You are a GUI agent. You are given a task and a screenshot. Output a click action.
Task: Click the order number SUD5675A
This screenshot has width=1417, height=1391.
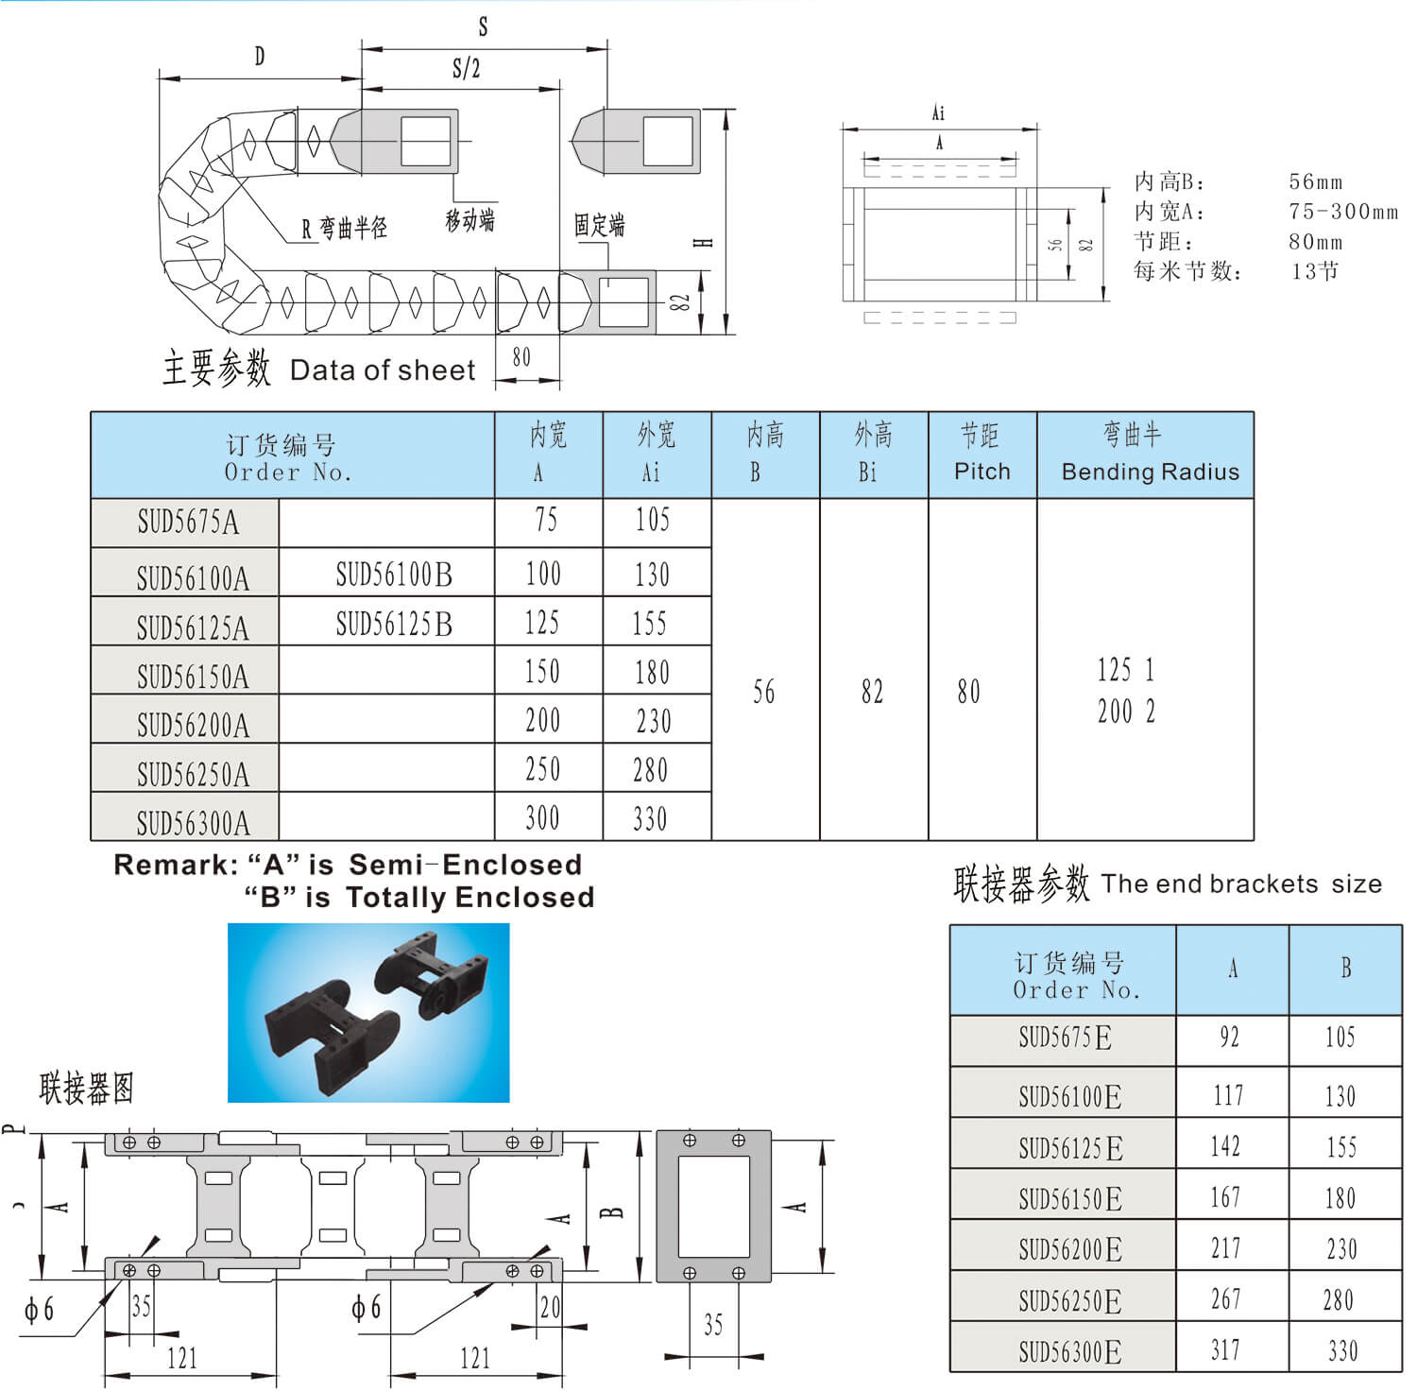click(x=188, y=522)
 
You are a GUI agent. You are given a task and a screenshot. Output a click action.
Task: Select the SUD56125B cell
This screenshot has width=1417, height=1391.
click(x=394, y=624)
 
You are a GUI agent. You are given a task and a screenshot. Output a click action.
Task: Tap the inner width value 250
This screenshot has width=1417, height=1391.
click(x=543, y=769)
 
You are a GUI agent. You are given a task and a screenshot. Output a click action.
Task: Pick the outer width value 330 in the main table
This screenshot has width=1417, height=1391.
click(x=650, y=818)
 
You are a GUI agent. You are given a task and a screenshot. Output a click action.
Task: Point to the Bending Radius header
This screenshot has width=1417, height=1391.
click(x=1150, y=471)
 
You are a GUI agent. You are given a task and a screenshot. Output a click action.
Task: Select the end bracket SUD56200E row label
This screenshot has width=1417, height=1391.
click(x=1069, y=1249)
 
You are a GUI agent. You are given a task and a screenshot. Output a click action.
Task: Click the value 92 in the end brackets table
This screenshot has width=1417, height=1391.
click(x=1229, y=1038)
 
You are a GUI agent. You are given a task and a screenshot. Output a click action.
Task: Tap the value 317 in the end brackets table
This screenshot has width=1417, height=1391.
click(x=1225, y=1350)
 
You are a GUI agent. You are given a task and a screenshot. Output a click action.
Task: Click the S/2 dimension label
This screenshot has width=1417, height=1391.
click(x=467, y=69)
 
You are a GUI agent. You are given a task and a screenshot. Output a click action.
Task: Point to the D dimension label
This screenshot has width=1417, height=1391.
click(x=260, y=57)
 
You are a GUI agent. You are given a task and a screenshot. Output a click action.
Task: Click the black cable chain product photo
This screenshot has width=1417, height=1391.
click(x=368, y=1012)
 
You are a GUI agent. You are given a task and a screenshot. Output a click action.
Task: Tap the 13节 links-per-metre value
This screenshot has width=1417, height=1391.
click(x=1315, y=271)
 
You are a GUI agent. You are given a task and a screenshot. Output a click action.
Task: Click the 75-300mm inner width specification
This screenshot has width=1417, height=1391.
click(x=1342, y=212)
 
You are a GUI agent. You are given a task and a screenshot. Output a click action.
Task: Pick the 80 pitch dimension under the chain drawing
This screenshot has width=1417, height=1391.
click(x=521, y=357)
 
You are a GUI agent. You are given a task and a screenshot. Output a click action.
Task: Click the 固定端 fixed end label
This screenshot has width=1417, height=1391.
click(x=600, y=225)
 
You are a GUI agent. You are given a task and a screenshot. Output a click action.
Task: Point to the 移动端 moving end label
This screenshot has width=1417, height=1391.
click(x=469, y=220)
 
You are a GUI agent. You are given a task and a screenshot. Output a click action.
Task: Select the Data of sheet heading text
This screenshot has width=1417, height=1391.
click(x=383, y=370)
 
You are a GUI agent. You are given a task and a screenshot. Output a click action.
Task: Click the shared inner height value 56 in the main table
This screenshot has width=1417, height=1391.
click(x=764, y=692)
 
